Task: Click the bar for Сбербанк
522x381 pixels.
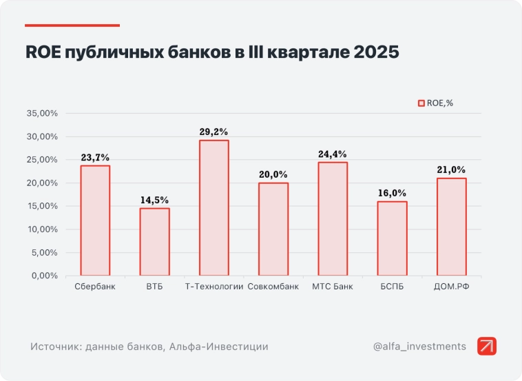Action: click(x=95, y=220)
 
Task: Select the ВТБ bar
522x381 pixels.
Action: click(x=154, y=242)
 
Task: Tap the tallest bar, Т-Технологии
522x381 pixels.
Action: click(x=213, y=207)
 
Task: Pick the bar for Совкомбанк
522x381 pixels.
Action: click(x=273, y=229)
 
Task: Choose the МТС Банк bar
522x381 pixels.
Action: click(x=333, y=218)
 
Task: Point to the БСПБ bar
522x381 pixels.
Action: click(x=392, y=238)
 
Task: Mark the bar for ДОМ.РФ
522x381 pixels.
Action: click(x=451, y=227)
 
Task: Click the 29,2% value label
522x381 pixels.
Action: click(x=213, y=131)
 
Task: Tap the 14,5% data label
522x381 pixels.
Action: click(x=154, y=200)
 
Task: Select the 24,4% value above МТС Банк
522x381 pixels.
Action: click(x=333, y=154)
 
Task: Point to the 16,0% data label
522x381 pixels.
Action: click(x=392, y=193)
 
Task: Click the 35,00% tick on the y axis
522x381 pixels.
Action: click(x=42, y=114)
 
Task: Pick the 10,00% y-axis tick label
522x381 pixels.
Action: click(x=42, y=229)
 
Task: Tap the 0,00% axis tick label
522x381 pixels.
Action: click(x=44, y=276)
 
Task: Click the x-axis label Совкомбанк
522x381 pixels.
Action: click(x=273, y=287)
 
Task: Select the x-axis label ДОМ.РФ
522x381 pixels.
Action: click(x=451, y=287)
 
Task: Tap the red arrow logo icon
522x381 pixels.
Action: click(x=487, y=346)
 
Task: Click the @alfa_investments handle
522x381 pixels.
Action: click(x=419, y=346)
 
